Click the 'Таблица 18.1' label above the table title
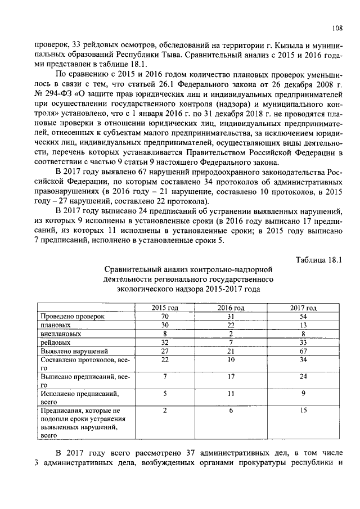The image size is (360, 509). [x=318, y=259]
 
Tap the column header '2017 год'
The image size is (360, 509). [x=303, y=308]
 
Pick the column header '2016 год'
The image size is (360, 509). [x=231, y=308]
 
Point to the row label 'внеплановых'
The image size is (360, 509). [x=58, y=334]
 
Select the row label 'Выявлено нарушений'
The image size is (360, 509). [x=71, y=350]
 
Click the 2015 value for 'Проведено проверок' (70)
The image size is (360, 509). [x=165, y=317]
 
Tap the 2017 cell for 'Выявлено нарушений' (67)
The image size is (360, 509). [x=303, y=350]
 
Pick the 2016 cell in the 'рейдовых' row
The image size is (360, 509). [x=231, y=342]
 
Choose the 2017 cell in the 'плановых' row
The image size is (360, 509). [x=303, y=325]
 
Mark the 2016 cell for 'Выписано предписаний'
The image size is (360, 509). [x=231, y=376]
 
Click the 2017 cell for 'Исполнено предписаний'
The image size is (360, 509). [x=303, y=394]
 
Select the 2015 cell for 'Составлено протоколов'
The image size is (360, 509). [x=165, y=359]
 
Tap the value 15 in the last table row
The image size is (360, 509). [x=303, y=411]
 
